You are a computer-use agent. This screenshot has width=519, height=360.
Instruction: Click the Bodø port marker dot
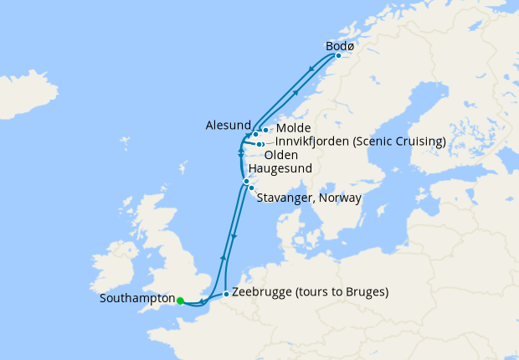(338, 56)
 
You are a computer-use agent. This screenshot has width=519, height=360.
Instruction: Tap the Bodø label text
(339, 46)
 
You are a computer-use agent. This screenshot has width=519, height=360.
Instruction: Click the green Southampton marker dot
(180, 300)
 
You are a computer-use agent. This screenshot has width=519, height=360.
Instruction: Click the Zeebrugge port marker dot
(226, 294)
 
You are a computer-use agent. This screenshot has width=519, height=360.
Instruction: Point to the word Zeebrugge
(259, 293)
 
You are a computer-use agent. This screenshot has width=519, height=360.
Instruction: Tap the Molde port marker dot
(265, 130)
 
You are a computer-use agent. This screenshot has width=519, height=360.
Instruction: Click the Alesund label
(228, 125)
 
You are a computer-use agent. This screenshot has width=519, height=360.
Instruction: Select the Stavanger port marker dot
(251, 188)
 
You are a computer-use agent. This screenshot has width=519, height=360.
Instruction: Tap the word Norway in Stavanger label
(341, 198)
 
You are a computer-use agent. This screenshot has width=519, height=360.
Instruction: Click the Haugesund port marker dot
(246, 182)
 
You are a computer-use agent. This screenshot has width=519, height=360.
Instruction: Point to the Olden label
(280, 155)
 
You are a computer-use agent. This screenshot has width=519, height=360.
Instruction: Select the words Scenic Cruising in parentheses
(399, 141)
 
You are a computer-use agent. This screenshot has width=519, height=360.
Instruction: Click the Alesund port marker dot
(255, 135)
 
